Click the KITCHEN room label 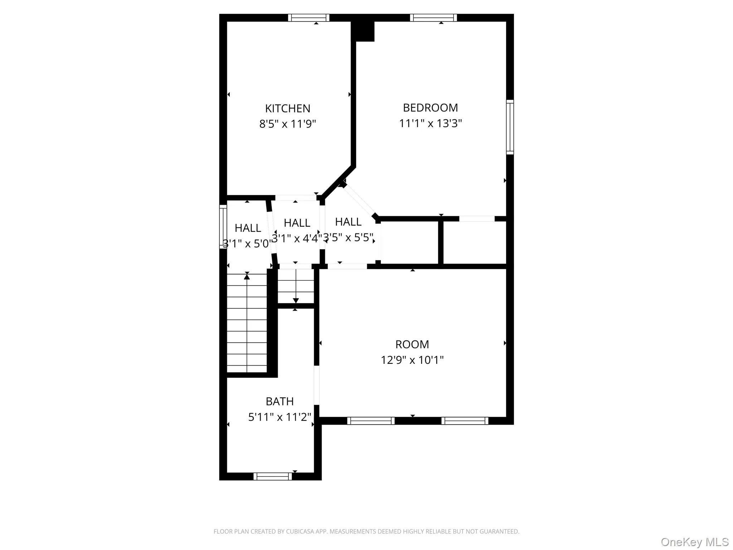coord(287,108)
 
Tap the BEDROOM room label coord(430,107)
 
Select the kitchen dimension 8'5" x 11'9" coord(287,124)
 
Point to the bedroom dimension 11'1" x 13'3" coord(430,123)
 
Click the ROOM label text coord(412,344)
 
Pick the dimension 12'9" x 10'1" coord(412,360)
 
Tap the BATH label coord(280,401)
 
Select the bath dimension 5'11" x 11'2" coord(280,417)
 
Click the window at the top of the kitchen coord(309,18)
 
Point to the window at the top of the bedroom coord(433,18)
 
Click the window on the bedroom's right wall coord(510,127)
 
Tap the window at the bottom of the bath coord(273,476)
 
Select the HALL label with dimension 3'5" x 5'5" coord(348,222)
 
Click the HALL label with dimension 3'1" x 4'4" coord(297,223)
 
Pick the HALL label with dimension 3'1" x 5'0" coord(248,228)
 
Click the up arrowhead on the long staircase coord(247,276)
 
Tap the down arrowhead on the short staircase coord(296,300)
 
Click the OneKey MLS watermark coord(695,542)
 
